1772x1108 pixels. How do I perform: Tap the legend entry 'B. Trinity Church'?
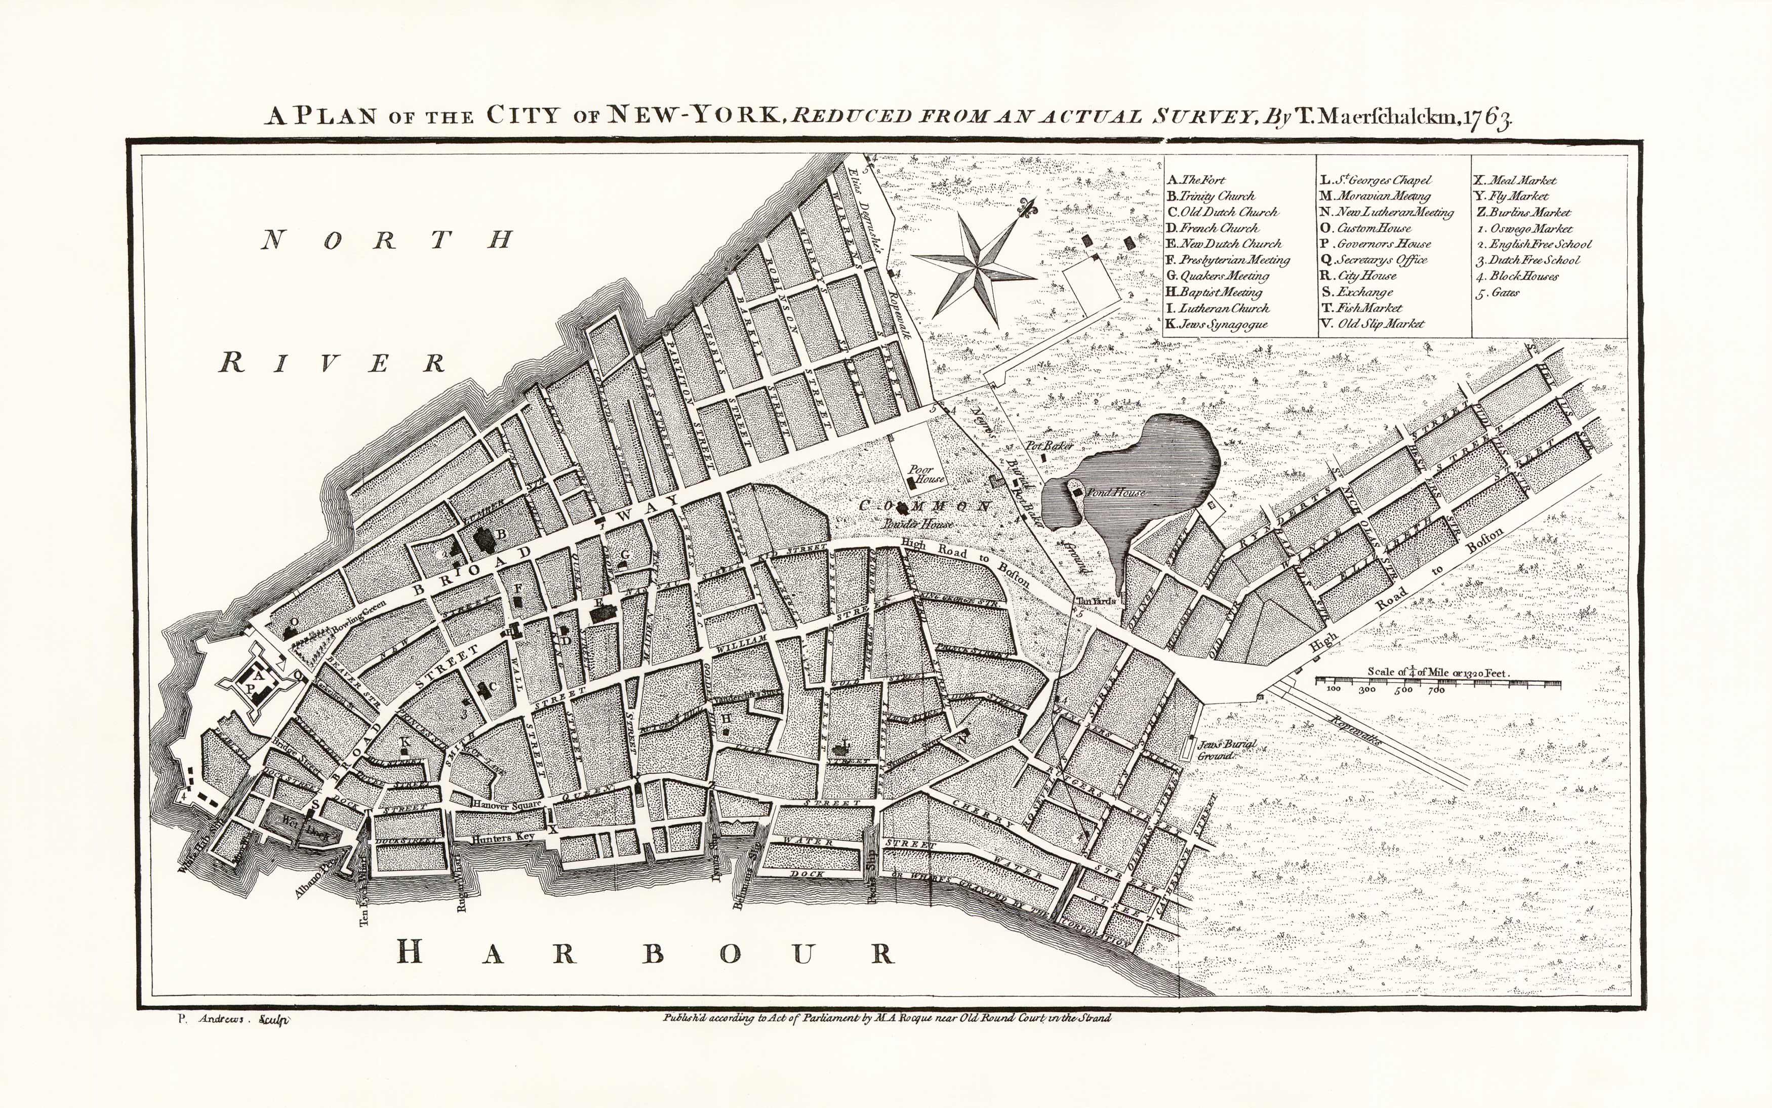tap(1210, 195)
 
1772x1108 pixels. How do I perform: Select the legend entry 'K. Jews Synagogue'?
tap(1216, 324)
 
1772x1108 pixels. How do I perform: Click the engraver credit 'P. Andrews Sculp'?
tap(233, 1018)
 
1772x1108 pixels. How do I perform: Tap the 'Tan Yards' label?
tap(1095, 601)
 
